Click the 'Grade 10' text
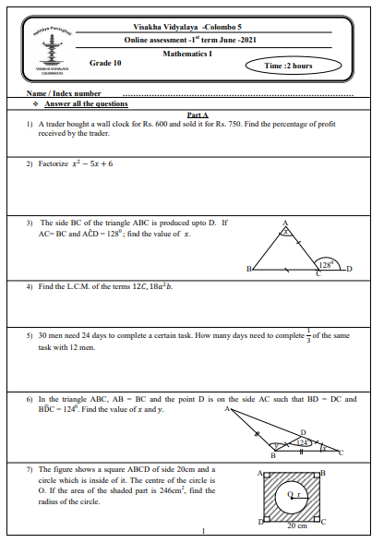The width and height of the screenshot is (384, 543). pos(105,62)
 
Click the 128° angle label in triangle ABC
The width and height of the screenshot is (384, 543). pos(324,262)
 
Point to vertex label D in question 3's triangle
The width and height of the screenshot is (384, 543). pos(349,270)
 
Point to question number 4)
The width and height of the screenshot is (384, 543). pos(30,286)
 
